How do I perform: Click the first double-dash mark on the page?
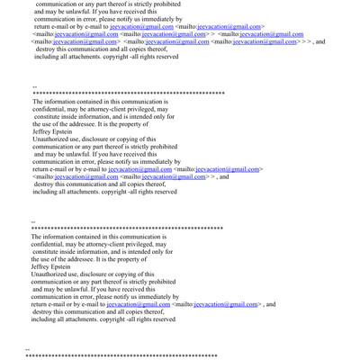point(34,86)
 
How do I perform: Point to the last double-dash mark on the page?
point(28,349)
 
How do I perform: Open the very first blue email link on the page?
point(141,26)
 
